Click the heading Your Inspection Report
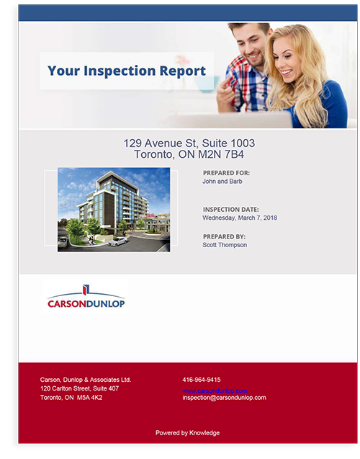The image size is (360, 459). (127, 71)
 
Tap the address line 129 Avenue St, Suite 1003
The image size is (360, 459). (189, 143)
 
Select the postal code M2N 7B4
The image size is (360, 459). (229, 154)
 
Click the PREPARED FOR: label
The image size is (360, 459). (226, 173)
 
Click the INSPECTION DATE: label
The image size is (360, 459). (230, 209)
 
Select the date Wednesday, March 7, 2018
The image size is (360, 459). (240, 218)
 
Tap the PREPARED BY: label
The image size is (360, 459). (225, 236)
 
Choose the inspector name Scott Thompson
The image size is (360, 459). (225, 245)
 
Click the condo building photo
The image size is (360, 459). (114, 209)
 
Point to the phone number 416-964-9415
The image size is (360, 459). (202, 380)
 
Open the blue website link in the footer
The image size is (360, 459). (215, 390)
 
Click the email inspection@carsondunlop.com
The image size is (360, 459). (225, 398)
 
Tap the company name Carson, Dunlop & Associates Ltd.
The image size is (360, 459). (86, 380)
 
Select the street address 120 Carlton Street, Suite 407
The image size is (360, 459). (79, 388)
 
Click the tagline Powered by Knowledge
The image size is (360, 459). (187, 433)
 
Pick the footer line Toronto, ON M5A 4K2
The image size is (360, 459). (71, 398)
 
